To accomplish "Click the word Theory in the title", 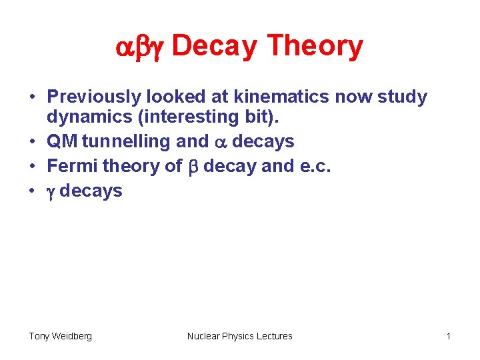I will coord(315,47).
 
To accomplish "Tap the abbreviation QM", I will coord(61,142).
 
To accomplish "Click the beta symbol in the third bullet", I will coord(193,167).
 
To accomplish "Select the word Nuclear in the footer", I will coord(204,336).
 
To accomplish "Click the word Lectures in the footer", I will coord(273,336).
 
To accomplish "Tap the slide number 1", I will coord(449,336).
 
